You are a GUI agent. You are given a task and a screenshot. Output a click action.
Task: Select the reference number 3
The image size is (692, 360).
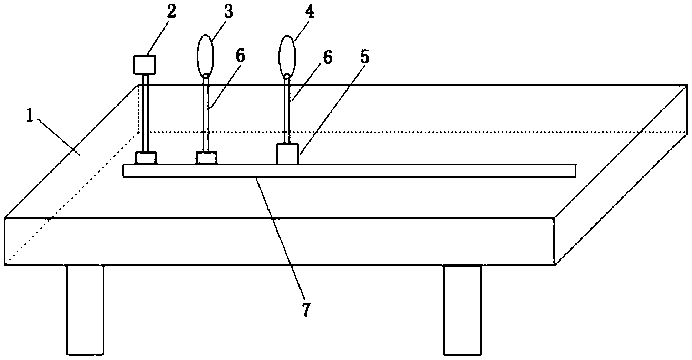[x=229, y=12]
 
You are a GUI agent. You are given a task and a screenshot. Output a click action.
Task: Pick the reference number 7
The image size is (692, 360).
[x=306, y=309]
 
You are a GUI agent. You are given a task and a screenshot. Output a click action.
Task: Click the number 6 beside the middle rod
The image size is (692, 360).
[x=241, y=57]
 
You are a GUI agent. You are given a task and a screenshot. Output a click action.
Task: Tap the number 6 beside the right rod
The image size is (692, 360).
[x=327, y=57]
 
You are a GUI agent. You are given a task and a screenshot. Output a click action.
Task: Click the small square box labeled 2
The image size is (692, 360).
[x=144, y=65]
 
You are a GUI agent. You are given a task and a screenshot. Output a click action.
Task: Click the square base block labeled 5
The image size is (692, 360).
[x=287, y=154]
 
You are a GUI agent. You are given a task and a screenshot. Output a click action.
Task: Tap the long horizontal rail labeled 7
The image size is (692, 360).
[x=349, y=170]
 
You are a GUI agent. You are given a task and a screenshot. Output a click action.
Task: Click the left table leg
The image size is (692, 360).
[x=85, y=310]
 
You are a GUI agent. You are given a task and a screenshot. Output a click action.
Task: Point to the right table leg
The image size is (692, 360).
[x=462, y=310]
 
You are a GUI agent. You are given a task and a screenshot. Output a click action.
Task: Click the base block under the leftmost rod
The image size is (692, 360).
[x=145, y=158]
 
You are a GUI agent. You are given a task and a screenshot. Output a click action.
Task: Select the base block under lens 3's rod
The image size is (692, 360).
[x=206, y=158]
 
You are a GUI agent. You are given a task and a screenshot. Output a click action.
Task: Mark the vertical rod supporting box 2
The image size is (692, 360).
[x=145, y=113]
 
